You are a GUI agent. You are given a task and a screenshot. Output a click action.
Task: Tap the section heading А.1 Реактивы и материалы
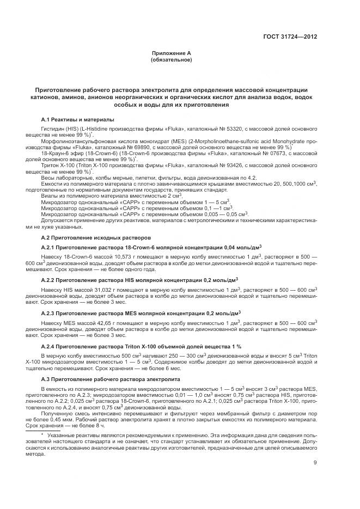tap(78, 119)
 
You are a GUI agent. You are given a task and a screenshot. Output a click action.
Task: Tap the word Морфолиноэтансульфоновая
tap(78, 140)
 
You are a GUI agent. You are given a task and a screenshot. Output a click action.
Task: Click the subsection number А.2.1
tap(50, 248)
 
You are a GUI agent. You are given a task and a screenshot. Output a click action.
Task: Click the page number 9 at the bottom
tap(315, 463)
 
